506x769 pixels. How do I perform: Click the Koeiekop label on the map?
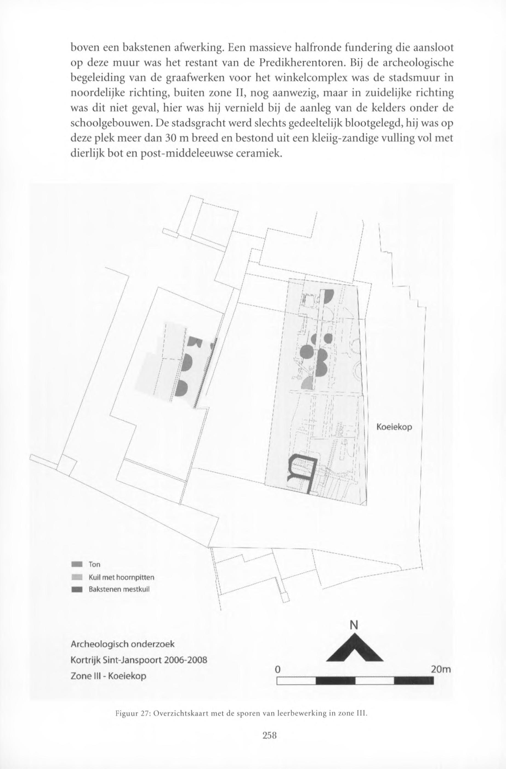coord(394,427)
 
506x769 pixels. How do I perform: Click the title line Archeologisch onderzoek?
coord(123,644)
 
